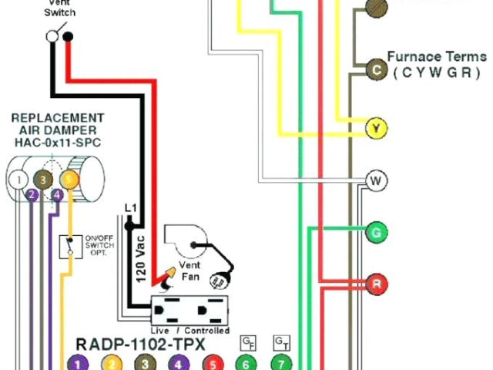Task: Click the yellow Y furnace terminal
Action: click(x=376, y=128)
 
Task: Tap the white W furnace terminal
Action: click(x=376, y=181)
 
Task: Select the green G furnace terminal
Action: click(x=376, y=231)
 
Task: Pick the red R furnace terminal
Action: click(x=376, y=282)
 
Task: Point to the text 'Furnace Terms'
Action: click(x=436, y=56)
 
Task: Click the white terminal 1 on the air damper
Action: click(x=16, y=180)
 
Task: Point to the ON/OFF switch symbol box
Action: click(x=66, y=248)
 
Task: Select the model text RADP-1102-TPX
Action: click(x=139, y=344)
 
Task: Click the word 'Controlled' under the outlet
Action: click(x=207, y=330)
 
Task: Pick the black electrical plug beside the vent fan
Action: click(x=228, y=274)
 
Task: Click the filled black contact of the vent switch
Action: click(x=68, y=36)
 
